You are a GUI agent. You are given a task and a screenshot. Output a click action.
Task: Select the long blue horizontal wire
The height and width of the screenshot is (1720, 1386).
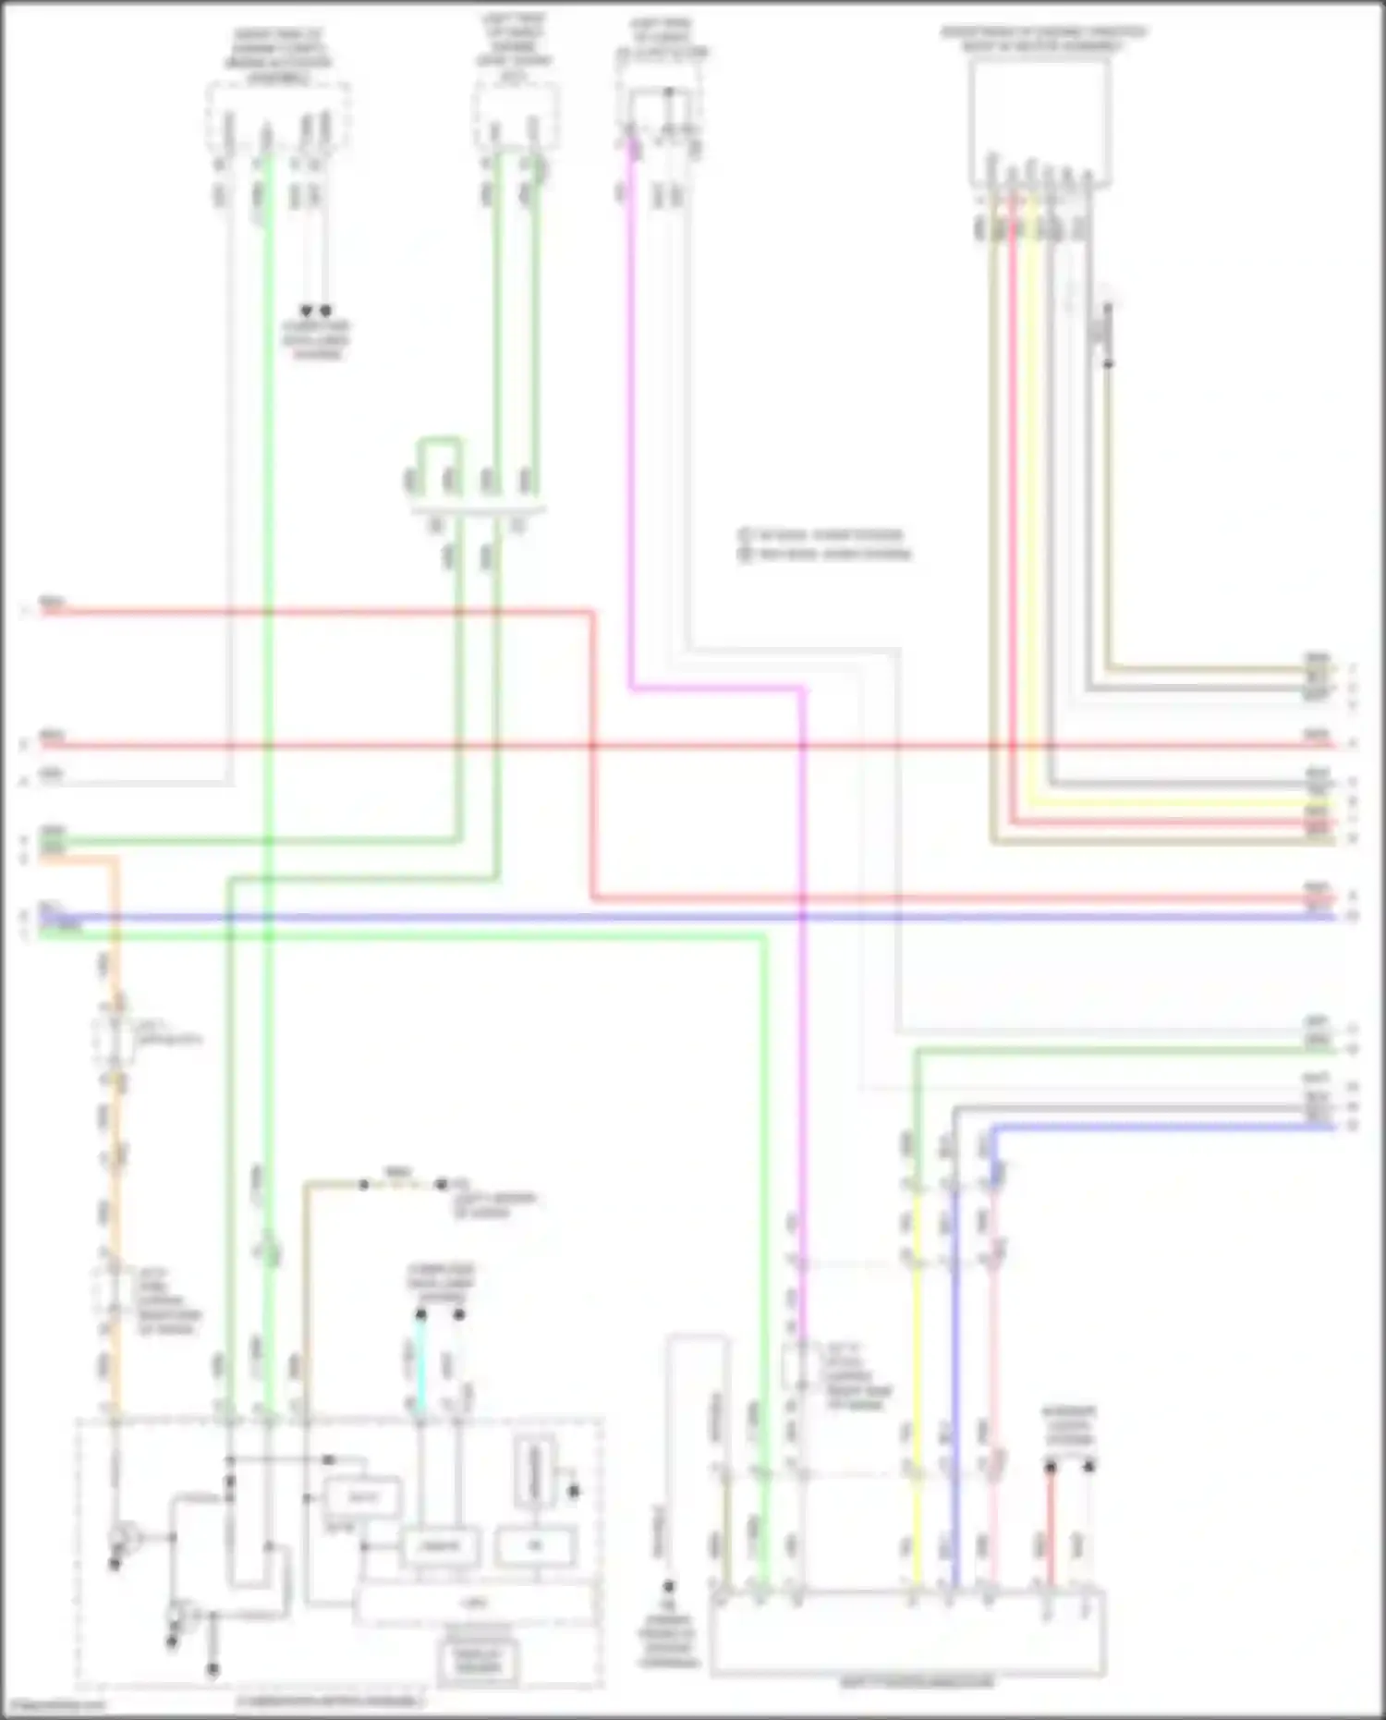coord(647,917)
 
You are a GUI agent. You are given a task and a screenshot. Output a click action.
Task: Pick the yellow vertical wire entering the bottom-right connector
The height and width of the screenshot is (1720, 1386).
coord(917,1386)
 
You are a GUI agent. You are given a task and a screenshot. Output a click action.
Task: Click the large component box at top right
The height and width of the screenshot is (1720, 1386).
coord(1039,120)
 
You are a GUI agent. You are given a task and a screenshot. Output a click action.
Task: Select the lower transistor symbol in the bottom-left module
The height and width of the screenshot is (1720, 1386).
coord(178,1616)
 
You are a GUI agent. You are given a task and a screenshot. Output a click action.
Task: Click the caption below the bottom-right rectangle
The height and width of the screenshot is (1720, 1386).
coord(917,1682)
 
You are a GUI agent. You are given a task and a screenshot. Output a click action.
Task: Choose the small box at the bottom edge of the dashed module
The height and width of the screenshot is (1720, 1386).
coord(478,1661)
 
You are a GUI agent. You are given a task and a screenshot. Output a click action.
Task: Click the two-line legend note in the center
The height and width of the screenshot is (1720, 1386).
coord(824,544)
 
